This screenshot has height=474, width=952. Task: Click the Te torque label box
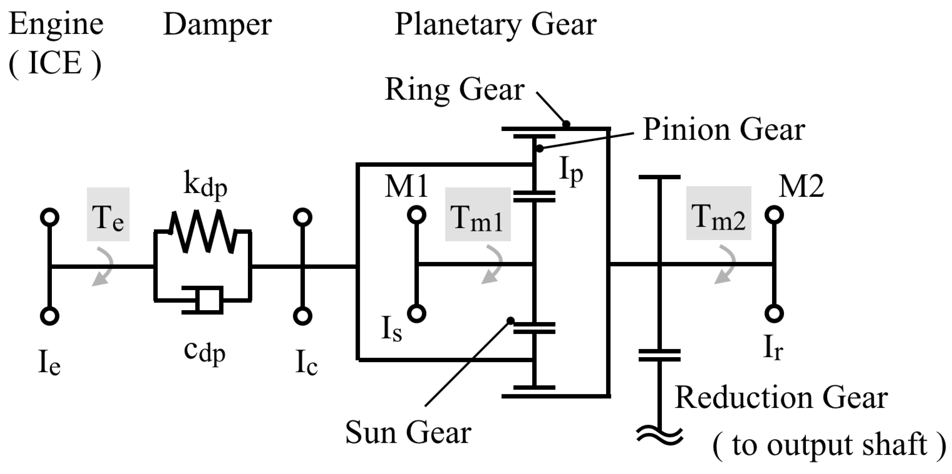point(108,214)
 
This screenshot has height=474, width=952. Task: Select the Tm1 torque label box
point(478,214)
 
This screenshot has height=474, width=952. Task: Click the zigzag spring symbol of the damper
point(203,231)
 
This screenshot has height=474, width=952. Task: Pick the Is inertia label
point(391,329)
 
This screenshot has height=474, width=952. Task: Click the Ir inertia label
point(773,348)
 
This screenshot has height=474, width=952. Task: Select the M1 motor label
point(406,186)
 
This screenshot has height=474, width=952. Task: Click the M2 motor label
point(801,186)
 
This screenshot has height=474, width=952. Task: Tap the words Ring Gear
point(454,90)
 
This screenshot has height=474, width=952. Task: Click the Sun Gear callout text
point(408,432)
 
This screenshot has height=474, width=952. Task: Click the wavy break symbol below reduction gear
point(660,436)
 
